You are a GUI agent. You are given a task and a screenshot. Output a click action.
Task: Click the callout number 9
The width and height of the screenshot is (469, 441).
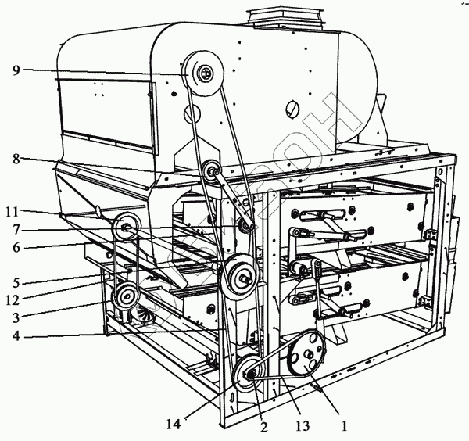[16, 70]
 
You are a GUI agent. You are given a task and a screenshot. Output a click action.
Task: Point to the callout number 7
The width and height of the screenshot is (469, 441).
[16, 230]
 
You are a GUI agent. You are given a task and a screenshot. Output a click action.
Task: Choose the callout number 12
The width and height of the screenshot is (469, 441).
[15, 299]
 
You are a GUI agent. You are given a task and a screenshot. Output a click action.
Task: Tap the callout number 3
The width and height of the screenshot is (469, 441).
[16, 316]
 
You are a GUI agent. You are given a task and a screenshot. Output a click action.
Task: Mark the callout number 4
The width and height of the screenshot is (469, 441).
[16, 337]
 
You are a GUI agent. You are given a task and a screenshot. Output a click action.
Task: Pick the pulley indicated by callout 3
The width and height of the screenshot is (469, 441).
[124, 297]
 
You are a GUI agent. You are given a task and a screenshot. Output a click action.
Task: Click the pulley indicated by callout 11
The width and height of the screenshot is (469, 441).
[125, 229]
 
